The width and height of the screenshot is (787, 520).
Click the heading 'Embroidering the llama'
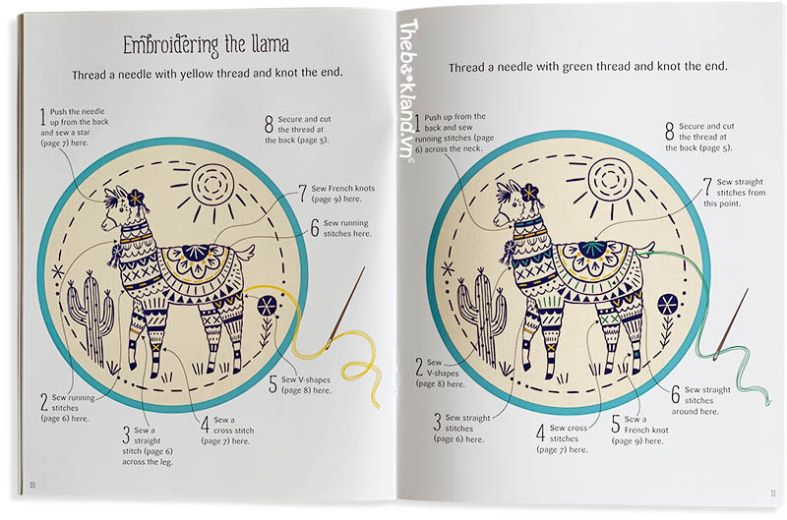coord(207,45)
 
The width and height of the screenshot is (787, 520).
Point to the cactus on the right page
coord(481,315)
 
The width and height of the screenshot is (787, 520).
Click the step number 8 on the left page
coord(269,125)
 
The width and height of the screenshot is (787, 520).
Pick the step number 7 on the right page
coord(707,187)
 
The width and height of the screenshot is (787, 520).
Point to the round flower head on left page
coord(267,306)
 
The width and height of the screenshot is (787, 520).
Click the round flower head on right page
coord(668,305)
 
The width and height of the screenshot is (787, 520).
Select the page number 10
coord(32,485)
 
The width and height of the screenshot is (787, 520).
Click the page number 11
coord(773,493)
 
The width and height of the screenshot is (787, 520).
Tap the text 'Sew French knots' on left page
coord(342,189)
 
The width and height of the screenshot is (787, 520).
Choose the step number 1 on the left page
coord(43,117)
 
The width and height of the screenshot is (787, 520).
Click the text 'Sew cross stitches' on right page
coord(569,433)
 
